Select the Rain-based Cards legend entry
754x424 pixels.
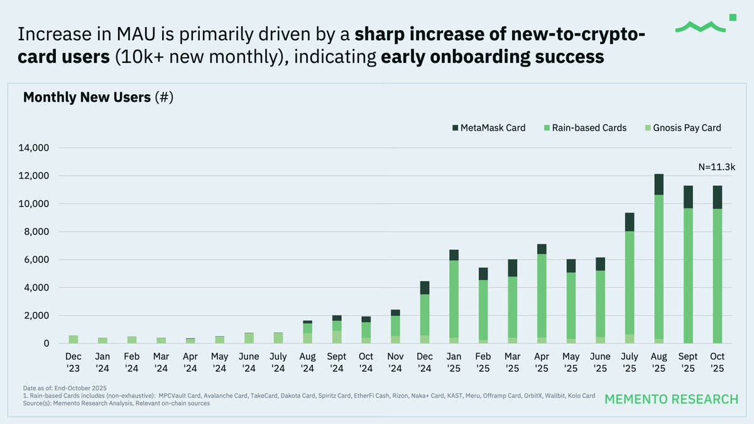pyautogui.click(x=584, y=128)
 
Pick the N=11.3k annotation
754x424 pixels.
pyautogui.click(x=716, y=167)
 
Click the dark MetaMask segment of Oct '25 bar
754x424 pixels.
pyautogui.click(x=717, y=197)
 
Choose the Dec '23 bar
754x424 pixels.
pyautogui.click(x=74, y=339)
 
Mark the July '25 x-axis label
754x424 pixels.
pyautogui.click(x=629, y=362)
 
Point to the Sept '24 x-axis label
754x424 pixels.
pyautogui.click(x=337, y=362)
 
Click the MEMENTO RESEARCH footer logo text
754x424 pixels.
pyautogui.click(x=671, y=400)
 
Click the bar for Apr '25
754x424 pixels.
pyautogui.click(x=541, y=295)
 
